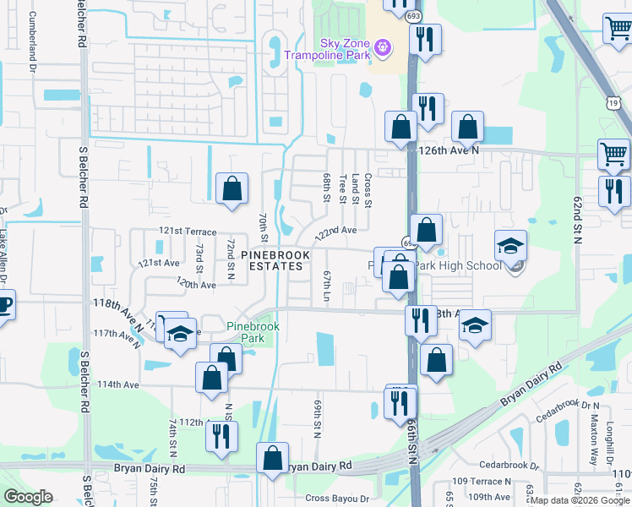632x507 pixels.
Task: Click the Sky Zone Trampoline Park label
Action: pos(325,50)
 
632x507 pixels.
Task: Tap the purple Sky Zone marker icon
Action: pos(384,46)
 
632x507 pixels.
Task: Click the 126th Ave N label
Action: pos(450,150)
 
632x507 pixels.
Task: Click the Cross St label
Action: pos(368,190)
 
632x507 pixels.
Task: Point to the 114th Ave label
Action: pos(117,384)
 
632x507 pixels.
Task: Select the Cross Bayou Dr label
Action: pos(338,499)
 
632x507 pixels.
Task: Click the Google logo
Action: pos(28,497)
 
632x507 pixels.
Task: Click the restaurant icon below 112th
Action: pos(221,436)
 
